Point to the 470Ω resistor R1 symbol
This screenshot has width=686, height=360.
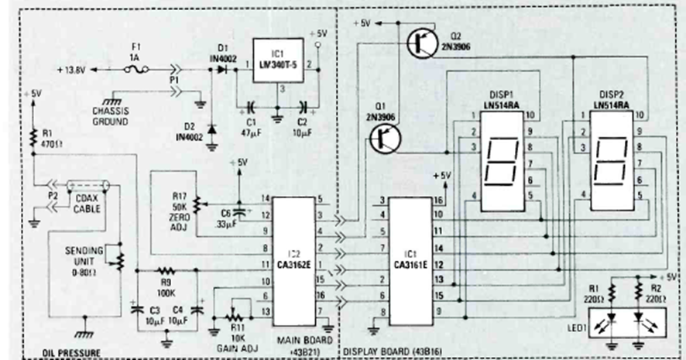tap(33, 138)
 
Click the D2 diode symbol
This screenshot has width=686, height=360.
tap(210, 128)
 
